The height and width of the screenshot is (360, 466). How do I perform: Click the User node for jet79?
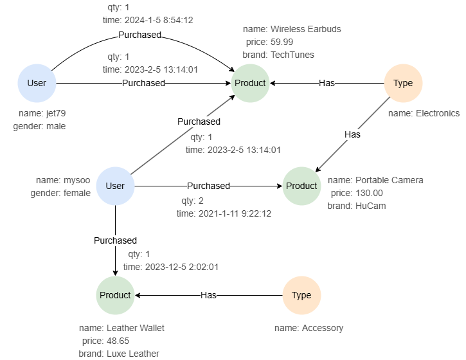(37, 83)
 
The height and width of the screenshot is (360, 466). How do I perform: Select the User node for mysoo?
(115, 186)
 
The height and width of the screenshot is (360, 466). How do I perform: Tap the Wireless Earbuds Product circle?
(250, 83)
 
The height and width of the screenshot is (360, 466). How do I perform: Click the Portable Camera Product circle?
(301, 186)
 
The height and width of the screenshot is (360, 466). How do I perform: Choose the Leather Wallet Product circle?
(116, 295)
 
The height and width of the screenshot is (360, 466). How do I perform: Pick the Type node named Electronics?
(403, 83)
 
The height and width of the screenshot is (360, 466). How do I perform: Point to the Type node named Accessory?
(301, 295)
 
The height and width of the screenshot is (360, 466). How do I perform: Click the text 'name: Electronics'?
(424, 113)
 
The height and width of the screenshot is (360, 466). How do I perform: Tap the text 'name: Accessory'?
(309, 328)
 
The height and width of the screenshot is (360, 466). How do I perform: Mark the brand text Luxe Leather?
(132, 354)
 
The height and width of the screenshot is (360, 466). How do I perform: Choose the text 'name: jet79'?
(42, 114)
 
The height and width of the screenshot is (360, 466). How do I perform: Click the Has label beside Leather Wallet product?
(208, 295)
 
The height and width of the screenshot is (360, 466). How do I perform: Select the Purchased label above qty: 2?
(208, 186)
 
